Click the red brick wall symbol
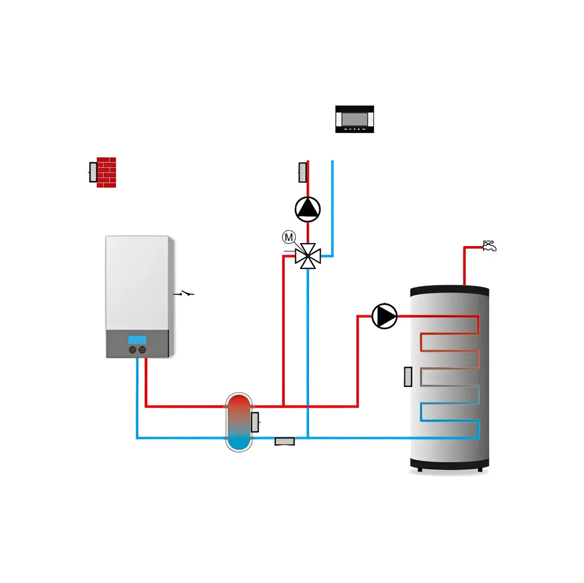point(106,172)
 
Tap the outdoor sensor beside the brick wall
point(93,172)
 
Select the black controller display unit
point(355,119)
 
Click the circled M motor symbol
point(289,237)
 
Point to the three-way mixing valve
point(308,256)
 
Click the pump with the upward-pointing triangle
point(307,209)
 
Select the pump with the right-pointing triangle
point(384,316)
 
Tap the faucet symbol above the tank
point(489,246)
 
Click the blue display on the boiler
point(137,340)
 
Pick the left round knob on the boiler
point(133,350)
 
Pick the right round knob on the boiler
point(142,350)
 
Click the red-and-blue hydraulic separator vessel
point(239,422)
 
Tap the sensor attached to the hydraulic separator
point(255,422)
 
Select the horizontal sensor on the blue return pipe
point(284,441)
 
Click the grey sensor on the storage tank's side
point(408,377)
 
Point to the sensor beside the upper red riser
point(303,172)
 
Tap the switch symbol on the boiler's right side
point(184,293)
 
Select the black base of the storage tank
point(449,464)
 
